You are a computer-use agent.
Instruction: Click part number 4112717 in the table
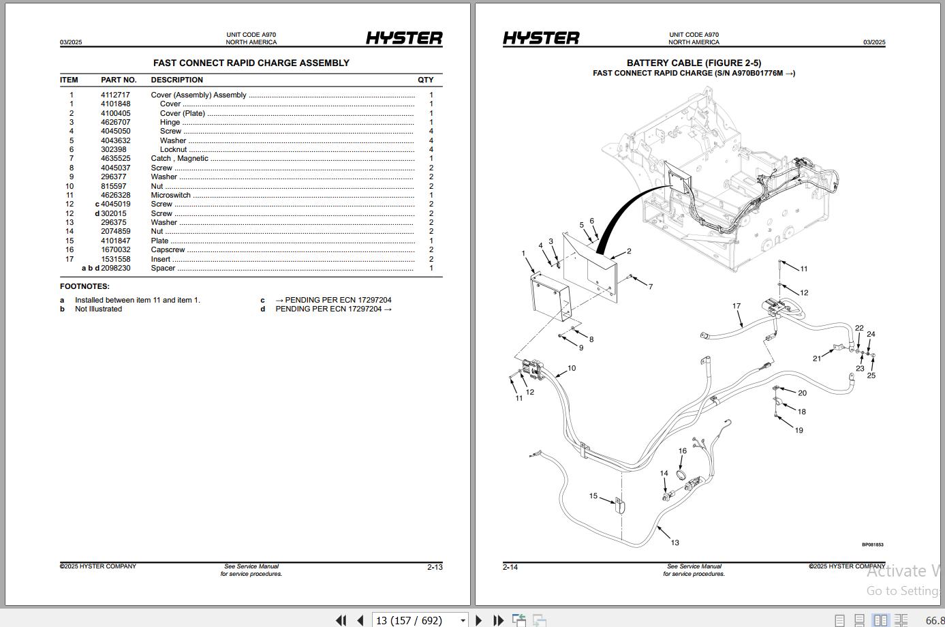click(x=115, y=95)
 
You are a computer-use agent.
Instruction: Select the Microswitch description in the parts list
click(x=170, y=195)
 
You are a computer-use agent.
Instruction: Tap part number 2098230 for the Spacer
click(x=115, y=268)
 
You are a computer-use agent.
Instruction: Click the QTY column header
click(x=425, y=80)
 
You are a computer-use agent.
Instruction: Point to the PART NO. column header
click(x=119, y=80)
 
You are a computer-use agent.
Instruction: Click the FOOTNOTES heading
click(x=84, y=286)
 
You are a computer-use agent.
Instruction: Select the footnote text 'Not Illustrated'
click(x=98, y=309)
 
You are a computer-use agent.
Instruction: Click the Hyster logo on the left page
click(x=404, y=38)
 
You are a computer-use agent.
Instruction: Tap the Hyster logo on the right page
click(x=541, y=38)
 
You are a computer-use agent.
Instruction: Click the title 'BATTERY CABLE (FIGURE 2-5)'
click(x=694, y=63)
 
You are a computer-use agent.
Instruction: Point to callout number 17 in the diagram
click(x=736, y=306)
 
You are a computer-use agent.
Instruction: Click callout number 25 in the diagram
click(x=871, y=376)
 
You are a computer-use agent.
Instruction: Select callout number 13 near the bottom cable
click(x=675, y=542)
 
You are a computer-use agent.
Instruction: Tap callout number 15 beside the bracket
click(x=593, y=496)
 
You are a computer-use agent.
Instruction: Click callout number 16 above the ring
click(x=682, y=451)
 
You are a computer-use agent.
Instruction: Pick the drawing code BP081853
click(x=872, y=545)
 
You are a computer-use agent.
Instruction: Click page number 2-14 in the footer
click(x=510, y=567)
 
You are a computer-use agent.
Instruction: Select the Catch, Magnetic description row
click(x=179, y=158)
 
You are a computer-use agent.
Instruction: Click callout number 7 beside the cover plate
click(x=650, y=287)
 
